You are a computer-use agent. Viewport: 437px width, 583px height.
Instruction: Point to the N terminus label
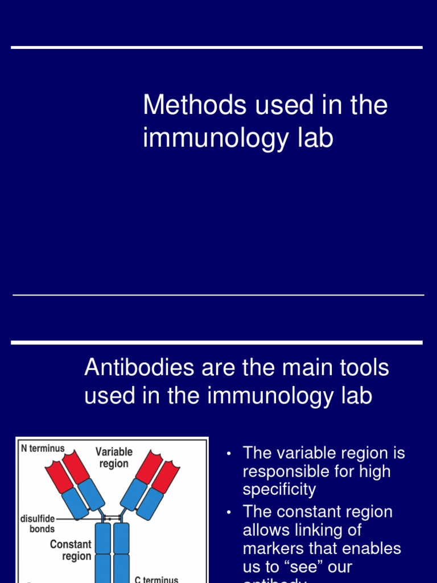43,449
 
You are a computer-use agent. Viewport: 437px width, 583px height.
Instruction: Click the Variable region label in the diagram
114,458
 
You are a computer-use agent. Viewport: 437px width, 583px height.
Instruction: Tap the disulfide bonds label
38,524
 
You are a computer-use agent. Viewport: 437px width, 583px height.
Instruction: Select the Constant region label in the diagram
71,550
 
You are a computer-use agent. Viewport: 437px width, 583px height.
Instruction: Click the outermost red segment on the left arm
58,476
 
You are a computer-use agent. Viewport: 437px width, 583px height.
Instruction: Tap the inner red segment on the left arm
76,466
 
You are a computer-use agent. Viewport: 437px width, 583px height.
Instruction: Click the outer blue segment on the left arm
75,503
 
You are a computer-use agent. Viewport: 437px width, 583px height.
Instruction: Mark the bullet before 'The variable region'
229,454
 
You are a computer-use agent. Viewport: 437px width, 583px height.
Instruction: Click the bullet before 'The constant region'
229,512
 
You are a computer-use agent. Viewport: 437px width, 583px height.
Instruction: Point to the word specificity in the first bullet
279,490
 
